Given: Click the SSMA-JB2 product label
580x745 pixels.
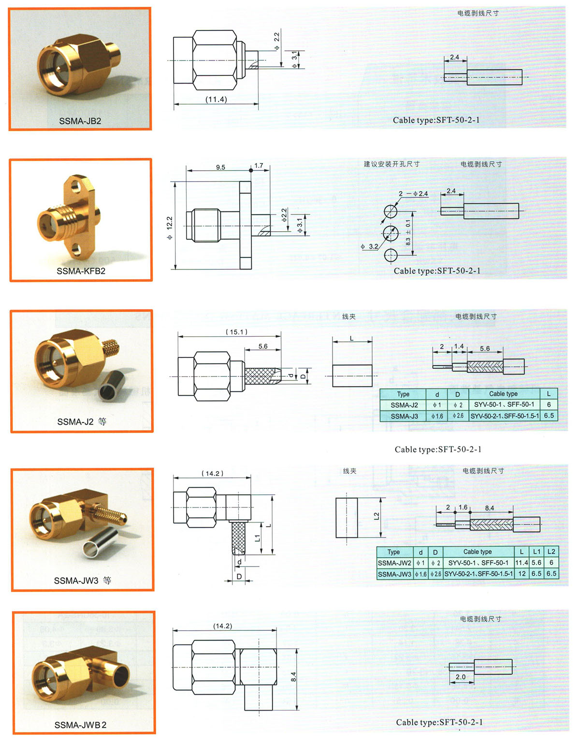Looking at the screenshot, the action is pyautogui.click(x=80, y=120).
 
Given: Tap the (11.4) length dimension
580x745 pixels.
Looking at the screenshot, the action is pyautogui.click(x=216, y=100).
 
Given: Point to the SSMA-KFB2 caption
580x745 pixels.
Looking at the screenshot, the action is pyautogui.click(x=81, y=271).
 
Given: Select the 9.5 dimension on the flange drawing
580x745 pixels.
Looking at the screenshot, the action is pyautogui.click(x=220, y=167).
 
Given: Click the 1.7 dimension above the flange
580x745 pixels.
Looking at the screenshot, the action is pyautogui.click(x=259, y=165).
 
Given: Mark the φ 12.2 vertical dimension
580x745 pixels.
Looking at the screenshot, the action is pyautogui.click(x=170, y=227).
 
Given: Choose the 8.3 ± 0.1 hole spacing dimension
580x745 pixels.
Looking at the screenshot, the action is pyautogui.click(x=408, y=232).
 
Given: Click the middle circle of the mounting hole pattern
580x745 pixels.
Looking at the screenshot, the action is pyautogui.click(x=391, y=233).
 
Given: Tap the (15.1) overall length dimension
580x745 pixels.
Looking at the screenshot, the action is pyautogui.click(x=236, y=332).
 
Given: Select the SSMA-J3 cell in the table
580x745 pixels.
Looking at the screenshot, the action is pyautogui.click(x=404, y=416).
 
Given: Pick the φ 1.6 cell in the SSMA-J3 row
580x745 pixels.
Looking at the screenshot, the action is pyautogui.click(x=437, y=416).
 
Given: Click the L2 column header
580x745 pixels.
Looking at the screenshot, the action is pyautogui.click(x=551, y=551).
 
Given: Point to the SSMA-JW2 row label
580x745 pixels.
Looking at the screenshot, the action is pyautogui.click(x=394, y=563).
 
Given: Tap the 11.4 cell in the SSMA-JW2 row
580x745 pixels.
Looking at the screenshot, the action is pyautogui.click(x=522, y=563).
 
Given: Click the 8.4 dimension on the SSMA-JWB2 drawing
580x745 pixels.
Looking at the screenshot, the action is pyautogui.click(x=293, y=676).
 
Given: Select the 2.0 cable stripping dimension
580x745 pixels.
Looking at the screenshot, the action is pyautogui.click(x=461, y=676).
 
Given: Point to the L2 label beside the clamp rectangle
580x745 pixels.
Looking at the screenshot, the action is pyautogui.click(x=377, y=516).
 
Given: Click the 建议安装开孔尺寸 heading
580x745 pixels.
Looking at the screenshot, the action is pyautogui.click(x=391, y=164).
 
